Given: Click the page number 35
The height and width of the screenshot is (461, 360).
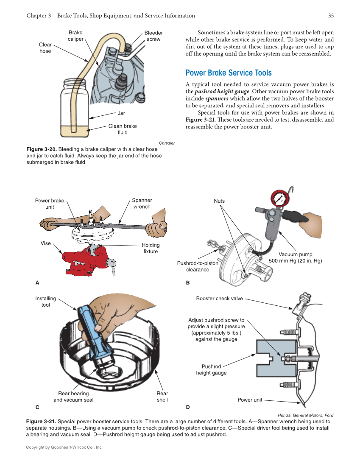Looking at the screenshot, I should tap(331, 16).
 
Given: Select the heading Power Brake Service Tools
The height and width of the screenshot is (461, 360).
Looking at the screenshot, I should tap(229, 73).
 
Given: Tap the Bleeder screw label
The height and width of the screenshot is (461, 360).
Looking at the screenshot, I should tap(153, 36).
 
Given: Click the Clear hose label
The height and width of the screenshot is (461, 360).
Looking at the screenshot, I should tap(45, 48).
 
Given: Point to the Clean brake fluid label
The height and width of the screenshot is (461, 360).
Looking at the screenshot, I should tap(123, 129).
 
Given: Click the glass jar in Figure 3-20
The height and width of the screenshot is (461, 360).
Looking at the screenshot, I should tap(75, 110).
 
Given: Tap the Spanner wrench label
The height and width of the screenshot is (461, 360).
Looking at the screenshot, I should tap(142, 204).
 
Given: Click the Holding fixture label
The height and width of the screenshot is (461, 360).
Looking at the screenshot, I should tap(151, 248).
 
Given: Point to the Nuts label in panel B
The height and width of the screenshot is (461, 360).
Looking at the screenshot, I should tap(219, 201).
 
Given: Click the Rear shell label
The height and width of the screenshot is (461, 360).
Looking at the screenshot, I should tap(162, 397).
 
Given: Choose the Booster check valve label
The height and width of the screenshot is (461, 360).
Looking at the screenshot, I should tap(219, 299).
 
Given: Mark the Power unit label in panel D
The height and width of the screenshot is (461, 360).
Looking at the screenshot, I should tap(250, 400).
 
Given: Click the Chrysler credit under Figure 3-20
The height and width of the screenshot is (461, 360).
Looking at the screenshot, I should tap(167, 143).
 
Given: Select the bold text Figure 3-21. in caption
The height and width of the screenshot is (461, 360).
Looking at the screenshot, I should tap(41, 422).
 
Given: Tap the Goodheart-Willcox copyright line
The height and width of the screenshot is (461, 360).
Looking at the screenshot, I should tap(64, 447).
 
